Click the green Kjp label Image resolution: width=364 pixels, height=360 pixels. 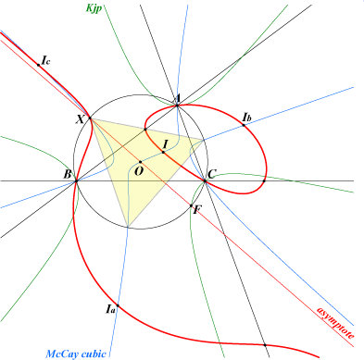click(x=94, y=8)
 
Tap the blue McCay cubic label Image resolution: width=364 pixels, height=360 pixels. click(x=76, y=354)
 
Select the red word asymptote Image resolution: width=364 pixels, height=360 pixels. click(x=335, y=323)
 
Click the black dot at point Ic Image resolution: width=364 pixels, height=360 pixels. click(x=39, y=65)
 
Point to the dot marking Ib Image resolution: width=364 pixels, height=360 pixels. click(x=244, y=125)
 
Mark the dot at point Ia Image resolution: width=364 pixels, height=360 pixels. click(x=118, y=305)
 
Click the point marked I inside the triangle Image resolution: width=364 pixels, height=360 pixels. click(x=163, y=152)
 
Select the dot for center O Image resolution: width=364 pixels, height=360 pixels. click(x=140, y=162)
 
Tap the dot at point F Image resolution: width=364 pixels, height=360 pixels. click(x=191, y=205)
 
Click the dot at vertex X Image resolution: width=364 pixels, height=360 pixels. click(x=90, y=118)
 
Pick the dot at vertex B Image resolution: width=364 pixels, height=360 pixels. click(x=76, y=181)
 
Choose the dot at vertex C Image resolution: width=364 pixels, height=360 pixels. click(x=205, y=181)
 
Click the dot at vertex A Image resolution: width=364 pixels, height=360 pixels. click(x=177, y=106)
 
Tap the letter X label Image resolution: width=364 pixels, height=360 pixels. click(x=81, y=119)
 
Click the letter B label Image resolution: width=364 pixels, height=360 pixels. click(x=68, y=175)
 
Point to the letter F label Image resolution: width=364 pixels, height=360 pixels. click(x=196, y=210)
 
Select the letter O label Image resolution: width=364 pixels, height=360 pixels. click(x=139, y=171)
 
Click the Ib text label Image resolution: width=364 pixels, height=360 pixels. click(x=247, y=118)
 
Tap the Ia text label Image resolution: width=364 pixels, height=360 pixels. click(x=110, y=309)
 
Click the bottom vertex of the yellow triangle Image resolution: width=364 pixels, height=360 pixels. click(x=128, y=227)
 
